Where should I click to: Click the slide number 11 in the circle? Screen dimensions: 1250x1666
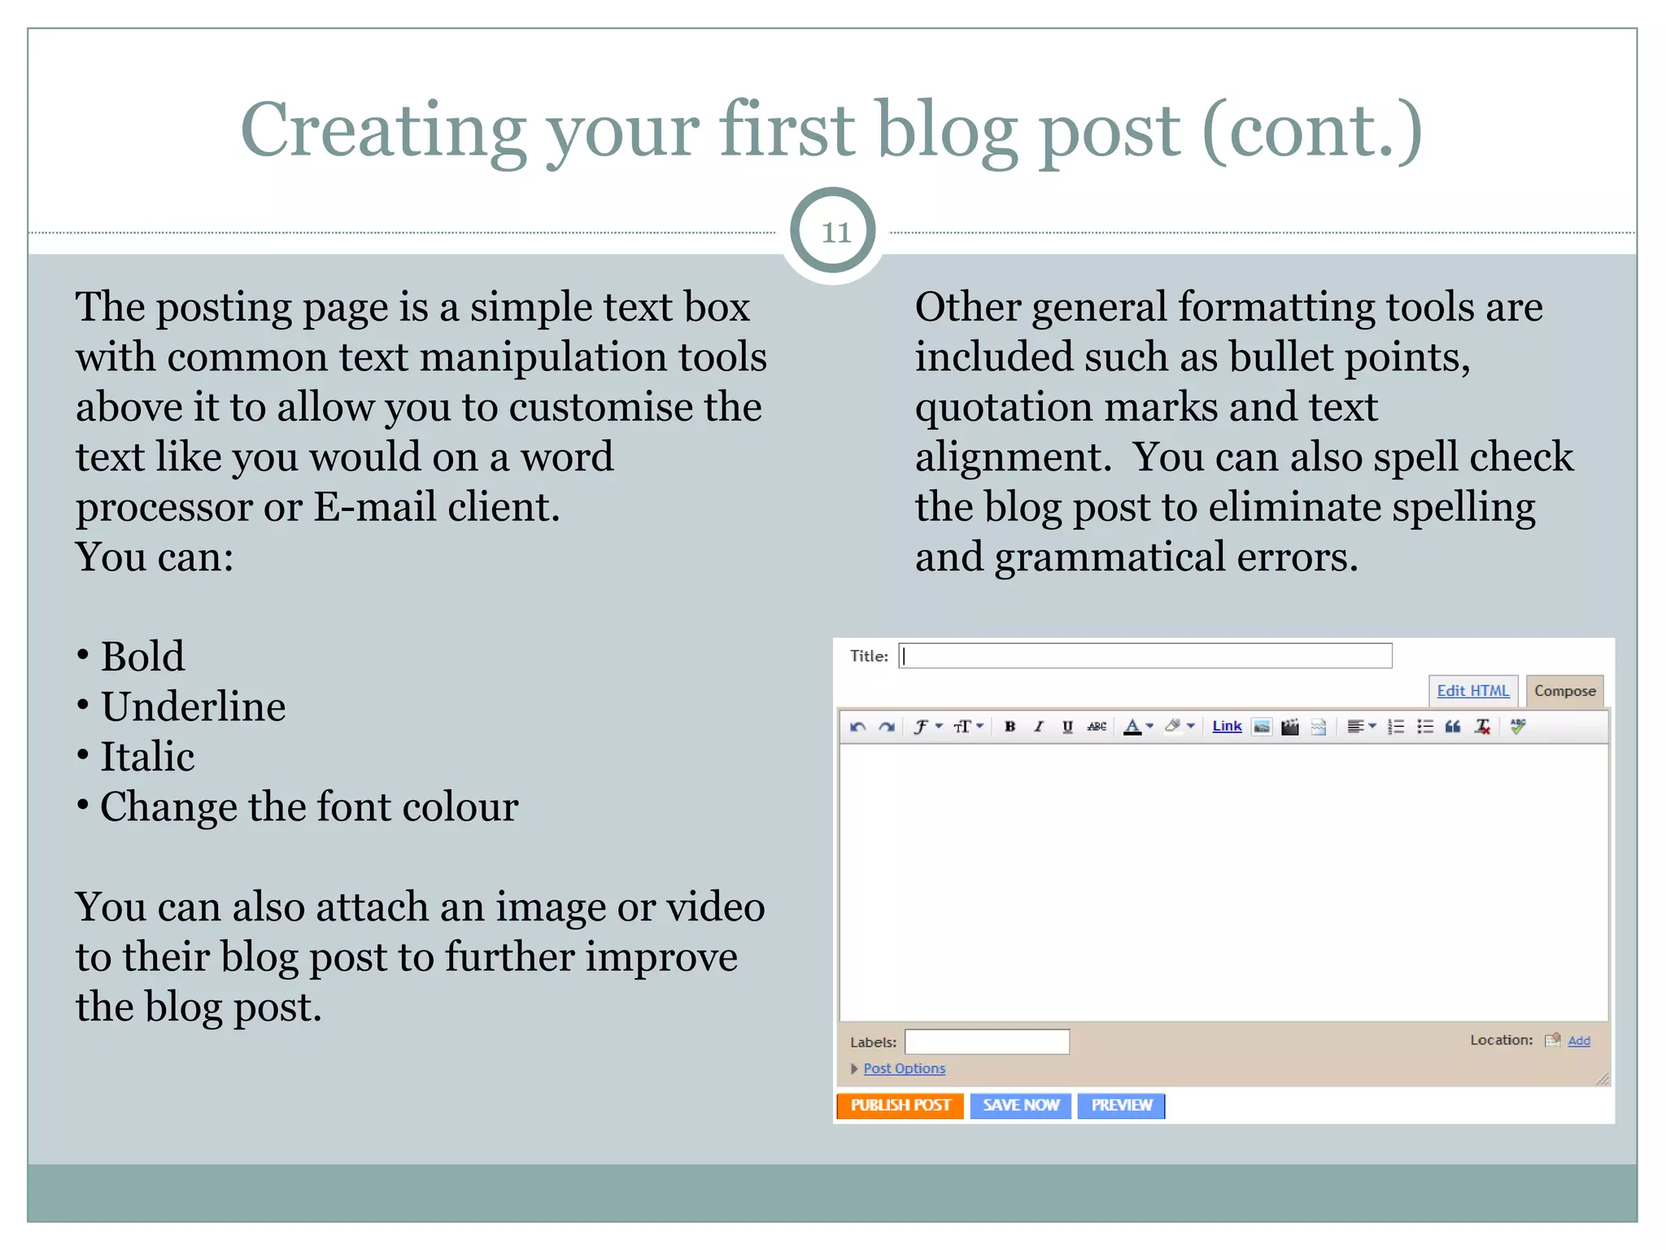point(835,233)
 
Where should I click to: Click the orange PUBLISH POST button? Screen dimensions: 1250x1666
point(900,1105)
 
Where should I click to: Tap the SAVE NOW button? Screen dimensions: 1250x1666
point(1020,1105)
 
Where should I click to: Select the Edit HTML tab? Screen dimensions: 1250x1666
point(1472,691)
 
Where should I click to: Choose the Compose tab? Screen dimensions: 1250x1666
point(1564,691)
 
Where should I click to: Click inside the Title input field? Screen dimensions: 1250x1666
point(1145,656)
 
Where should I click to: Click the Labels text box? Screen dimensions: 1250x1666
point(987,1042)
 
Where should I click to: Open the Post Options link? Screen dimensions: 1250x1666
point(904,1069)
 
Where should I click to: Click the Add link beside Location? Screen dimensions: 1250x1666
point(1579,1041)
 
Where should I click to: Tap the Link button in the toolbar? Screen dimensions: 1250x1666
point(1227,726)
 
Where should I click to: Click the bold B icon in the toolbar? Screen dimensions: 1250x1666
point(1010,727)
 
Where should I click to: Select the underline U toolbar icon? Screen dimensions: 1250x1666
point(1067,727)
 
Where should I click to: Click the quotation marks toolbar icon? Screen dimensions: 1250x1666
point(1453,727)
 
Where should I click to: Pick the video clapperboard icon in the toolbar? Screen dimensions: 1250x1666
point(1290,727)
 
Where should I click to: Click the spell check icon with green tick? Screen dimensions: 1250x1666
point(1518,726)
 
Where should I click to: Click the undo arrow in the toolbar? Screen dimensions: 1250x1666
point(857,727)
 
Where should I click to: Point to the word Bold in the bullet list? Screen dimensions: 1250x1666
point(142,657)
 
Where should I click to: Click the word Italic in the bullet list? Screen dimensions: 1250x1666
point(147,757)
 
